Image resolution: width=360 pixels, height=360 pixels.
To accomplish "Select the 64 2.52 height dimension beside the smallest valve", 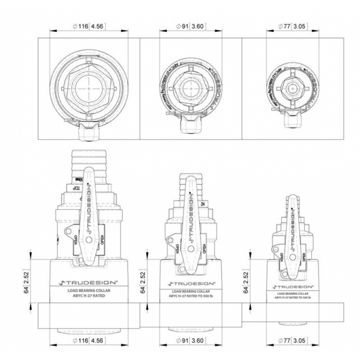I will (251, 281).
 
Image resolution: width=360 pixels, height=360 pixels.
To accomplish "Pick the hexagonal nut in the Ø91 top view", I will (190, 88).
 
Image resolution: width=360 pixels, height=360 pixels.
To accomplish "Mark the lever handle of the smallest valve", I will (293, 238).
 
